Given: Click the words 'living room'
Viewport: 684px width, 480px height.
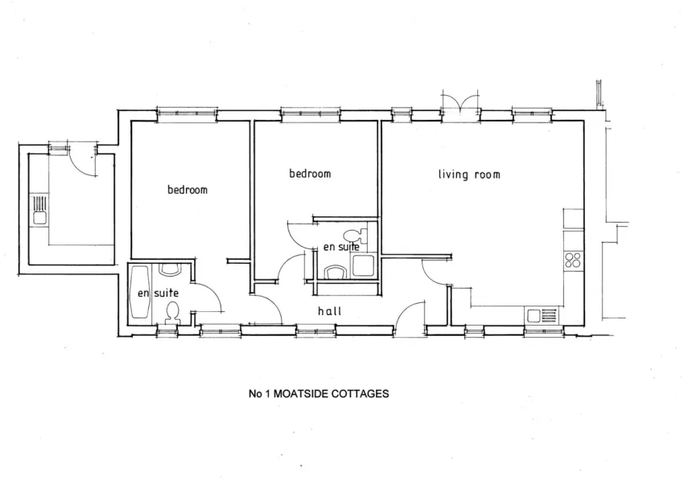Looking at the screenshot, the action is tap(469, 174).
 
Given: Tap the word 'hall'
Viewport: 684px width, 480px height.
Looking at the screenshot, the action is tap(329, 311).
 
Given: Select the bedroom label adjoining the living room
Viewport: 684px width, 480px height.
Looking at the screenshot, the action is tap(310, 174).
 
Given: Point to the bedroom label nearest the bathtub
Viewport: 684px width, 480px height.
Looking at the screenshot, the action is tap(187, 190).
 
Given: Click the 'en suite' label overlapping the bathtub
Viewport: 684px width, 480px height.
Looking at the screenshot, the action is tap(158, 293).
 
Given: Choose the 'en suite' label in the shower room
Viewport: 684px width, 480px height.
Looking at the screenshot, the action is tap(341, 247).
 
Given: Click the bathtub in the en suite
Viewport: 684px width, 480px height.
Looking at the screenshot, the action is tap(141, 292).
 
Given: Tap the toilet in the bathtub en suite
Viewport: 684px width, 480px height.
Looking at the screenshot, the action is tap(172, 314).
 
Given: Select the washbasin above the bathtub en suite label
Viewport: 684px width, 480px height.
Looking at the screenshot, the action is tap(169, 270).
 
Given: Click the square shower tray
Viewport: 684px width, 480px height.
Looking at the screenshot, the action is tap(363, 265).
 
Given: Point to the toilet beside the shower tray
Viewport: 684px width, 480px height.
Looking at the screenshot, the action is tap(356, 236).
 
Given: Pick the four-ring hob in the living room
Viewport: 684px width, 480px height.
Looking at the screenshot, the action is tap(573, 260).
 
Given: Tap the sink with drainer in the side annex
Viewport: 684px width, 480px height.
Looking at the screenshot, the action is tap(39, 210).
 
